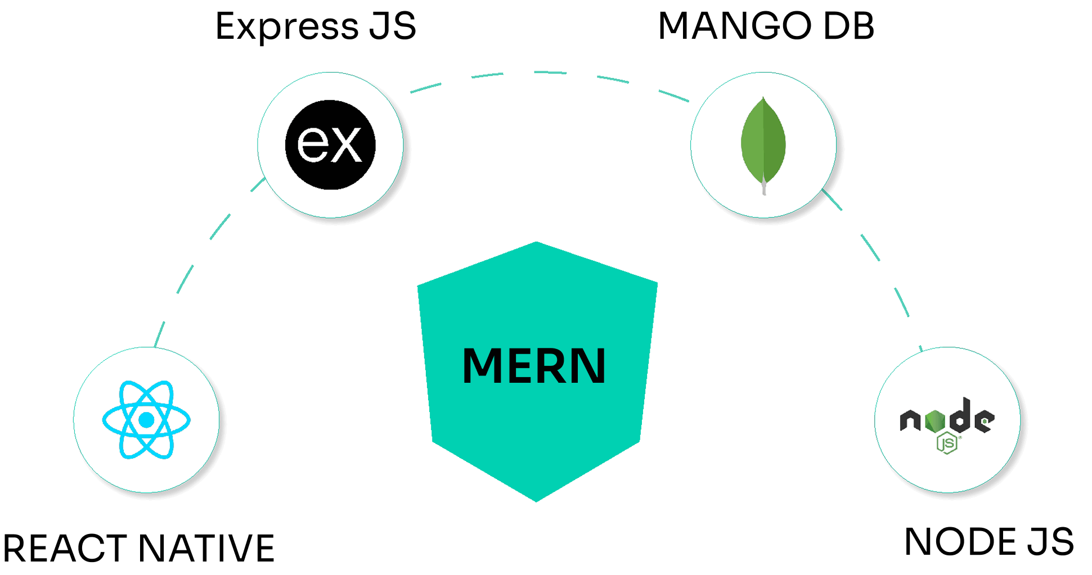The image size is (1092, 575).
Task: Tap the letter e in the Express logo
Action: click(x=312, y=145)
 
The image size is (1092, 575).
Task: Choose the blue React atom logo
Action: click(x=146, y=419)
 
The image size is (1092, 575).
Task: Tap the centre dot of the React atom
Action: click(x=146, y=420)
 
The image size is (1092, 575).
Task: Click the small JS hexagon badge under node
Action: click(x=947, y=443)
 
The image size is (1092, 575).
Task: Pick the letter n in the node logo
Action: click(x=910, y=420)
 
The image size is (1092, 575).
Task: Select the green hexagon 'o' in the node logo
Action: click(x=934, y=421)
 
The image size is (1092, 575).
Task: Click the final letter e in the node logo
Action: click(x=984, y=421)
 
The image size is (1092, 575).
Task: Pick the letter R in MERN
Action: click(x=553, y=366)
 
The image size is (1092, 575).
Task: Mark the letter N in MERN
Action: click(x=588, y=366)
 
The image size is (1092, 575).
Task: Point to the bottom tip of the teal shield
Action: click(x=536, y=500)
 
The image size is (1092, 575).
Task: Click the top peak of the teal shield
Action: click(x=536, y=243)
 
